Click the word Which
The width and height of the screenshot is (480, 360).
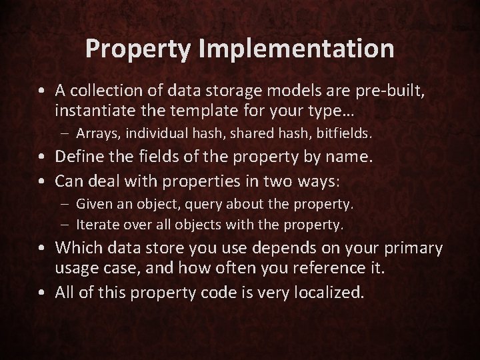[78, 249]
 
